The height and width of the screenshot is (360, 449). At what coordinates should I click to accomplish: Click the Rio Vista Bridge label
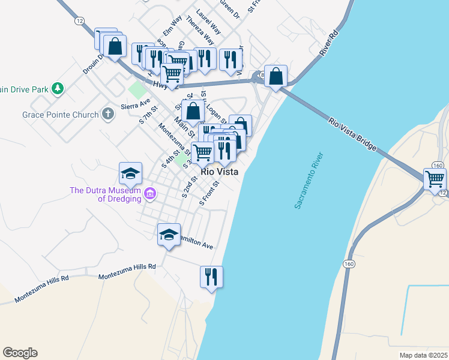point(352,134)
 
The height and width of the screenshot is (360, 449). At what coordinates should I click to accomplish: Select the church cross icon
point(108,113)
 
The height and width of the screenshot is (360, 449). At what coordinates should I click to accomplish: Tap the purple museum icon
point(149,193)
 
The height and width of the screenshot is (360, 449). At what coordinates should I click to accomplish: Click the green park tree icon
point(58,89)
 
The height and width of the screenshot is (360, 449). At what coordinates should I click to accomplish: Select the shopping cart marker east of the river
point(435,179)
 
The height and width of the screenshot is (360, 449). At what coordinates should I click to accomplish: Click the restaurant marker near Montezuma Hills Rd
point(211,277)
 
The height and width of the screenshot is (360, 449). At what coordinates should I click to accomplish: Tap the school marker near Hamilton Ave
point(169,235)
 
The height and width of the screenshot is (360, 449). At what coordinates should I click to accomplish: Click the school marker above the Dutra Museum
point(131,174)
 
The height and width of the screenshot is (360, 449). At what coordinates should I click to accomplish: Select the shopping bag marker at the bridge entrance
point(276,77)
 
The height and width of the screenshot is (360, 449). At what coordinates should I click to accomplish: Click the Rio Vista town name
point(220,172)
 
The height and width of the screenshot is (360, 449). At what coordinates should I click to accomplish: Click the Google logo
point(20,353)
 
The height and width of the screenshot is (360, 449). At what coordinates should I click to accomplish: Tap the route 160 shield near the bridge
point(437,166)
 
